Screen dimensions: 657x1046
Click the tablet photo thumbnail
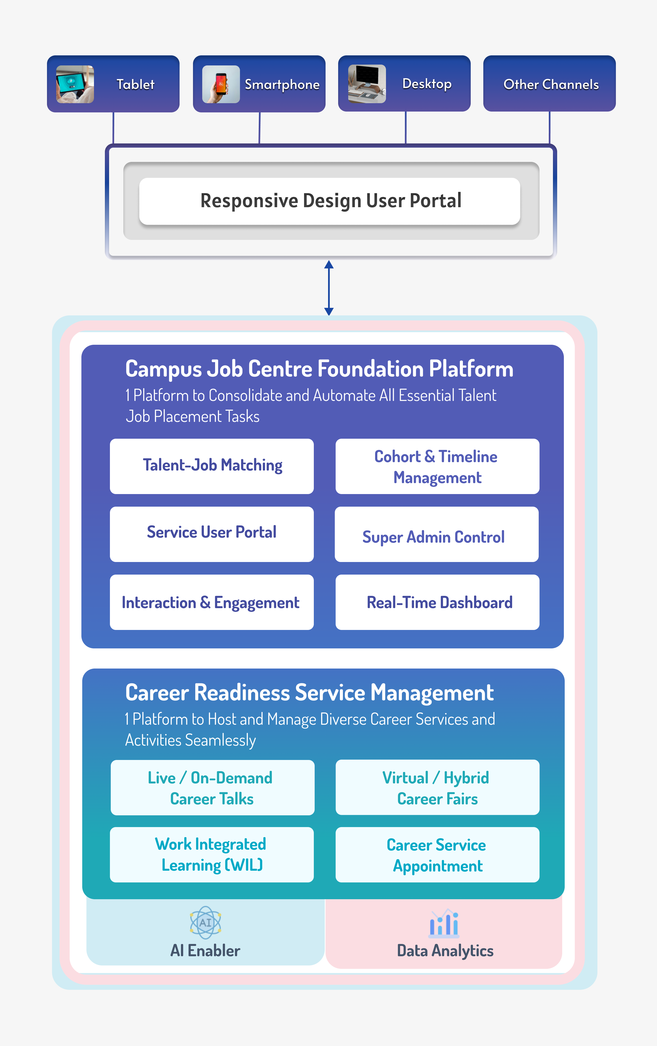tap(75, 84)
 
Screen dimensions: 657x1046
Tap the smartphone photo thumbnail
tap(221, 84)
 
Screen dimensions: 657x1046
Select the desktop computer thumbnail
tap(367, 84)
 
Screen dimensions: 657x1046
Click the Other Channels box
tap(549, 83)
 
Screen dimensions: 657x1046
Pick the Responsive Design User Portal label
tap(331, 201)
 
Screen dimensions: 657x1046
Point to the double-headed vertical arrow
tap(329, 288)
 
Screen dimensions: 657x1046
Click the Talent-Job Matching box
tap(212, 466)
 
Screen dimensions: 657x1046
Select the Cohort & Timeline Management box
tap(437, 466)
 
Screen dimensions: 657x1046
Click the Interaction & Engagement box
tap(212, 602)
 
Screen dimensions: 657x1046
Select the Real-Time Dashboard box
tap(437, 602)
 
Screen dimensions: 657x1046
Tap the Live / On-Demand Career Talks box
tap(213, 788)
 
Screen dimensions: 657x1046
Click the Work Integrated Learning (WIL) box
tap(212, 854)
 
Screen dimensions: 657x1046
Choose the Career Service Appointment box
tap(437, 854)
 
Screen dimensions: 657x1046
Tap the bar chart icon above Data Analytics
tap(444, 923)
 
